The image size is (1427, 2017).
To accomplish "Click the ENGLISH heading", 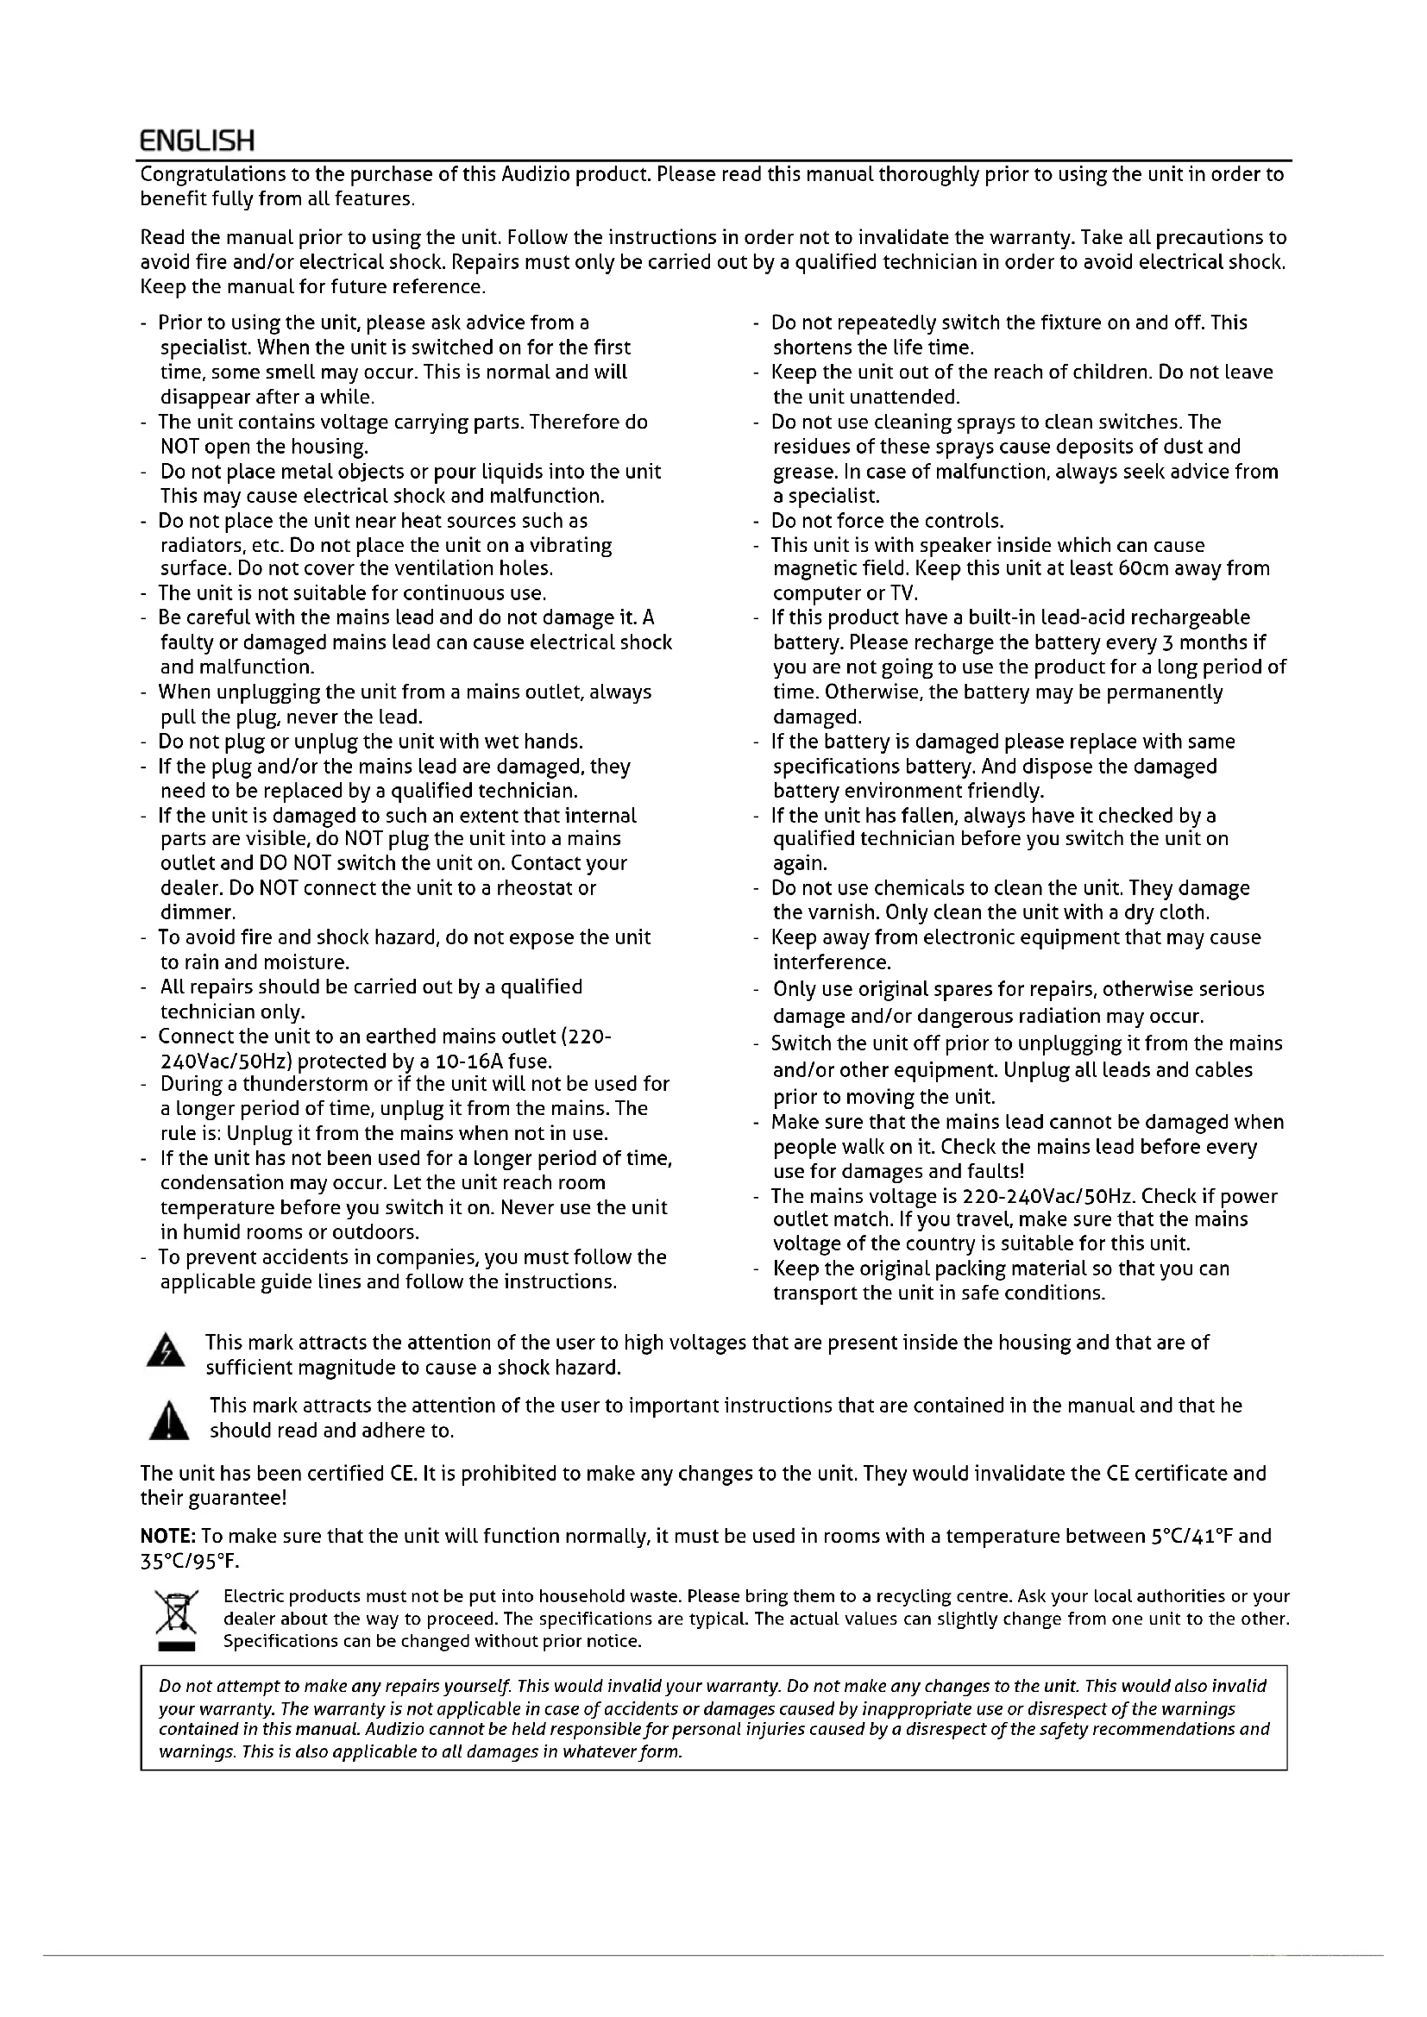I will (198, 140).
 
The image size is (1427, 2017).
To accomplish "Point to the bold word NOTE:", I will (169, 1537).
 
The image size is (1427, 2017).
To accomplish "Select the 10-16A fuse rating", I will (485, 1062).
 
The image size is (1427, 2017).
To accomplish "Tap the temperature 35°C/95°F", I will (189, 1562).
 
